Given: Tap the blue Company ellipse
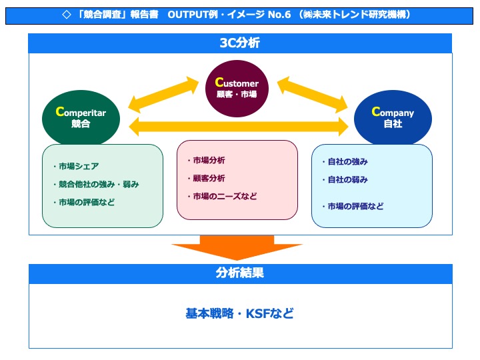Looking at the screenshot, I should (393, 117).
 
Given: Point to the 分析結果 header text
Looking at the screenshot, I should (240, 273).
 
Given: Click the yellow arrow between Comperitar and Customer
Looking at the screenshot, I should (164, 94).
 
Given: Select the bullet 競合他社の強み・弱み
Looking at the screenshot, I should (95, 184).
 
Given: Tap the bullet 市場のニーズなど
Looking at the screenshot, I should (222, 197).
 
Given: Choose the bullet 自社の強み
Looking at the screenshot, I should (345, 162).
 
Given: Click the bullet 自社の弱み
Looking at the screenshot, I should (345, 180).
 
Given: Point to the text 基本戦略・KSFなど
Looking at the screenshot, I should (239, 313).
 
